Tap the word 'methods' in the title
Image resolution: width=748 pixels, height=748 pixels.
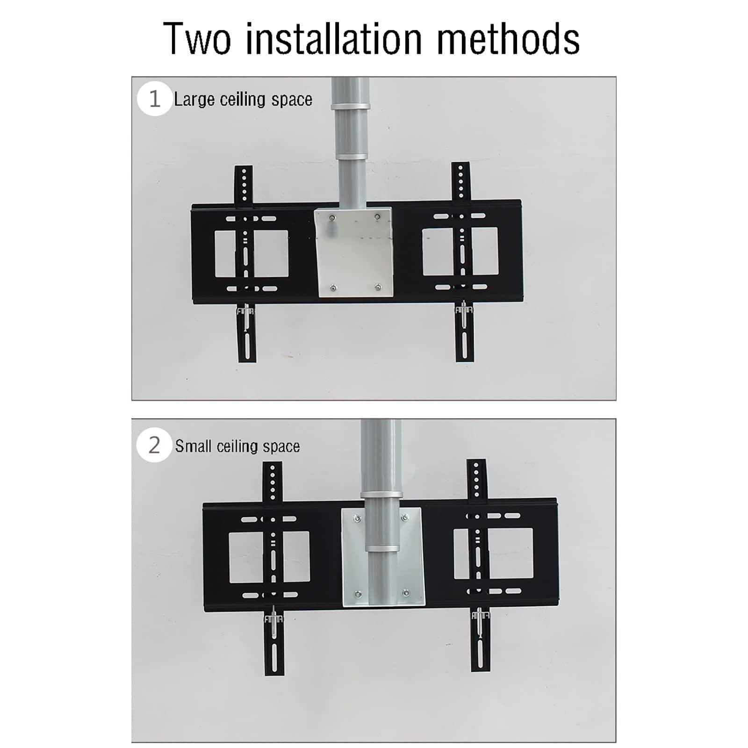click(508, 39)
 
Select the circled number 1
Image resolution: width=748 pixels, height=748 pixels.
click(154, 99)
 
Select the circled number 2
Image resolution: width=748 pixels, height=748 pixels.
click(154, 446)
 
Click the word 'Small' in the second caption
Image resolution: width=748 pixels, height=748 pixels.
click(193, 446)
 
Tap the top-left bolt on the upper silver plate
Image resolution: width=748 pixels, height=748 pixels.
click(332, 217)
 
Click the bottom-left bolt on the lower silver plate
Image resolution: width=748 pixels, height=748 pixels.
click(358, 594)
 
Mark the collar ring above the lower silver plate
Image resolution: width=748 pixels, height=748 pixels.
click(381, 496)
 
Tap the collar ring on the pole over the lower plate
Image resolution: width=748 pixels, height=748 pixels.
click(382, 548)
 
